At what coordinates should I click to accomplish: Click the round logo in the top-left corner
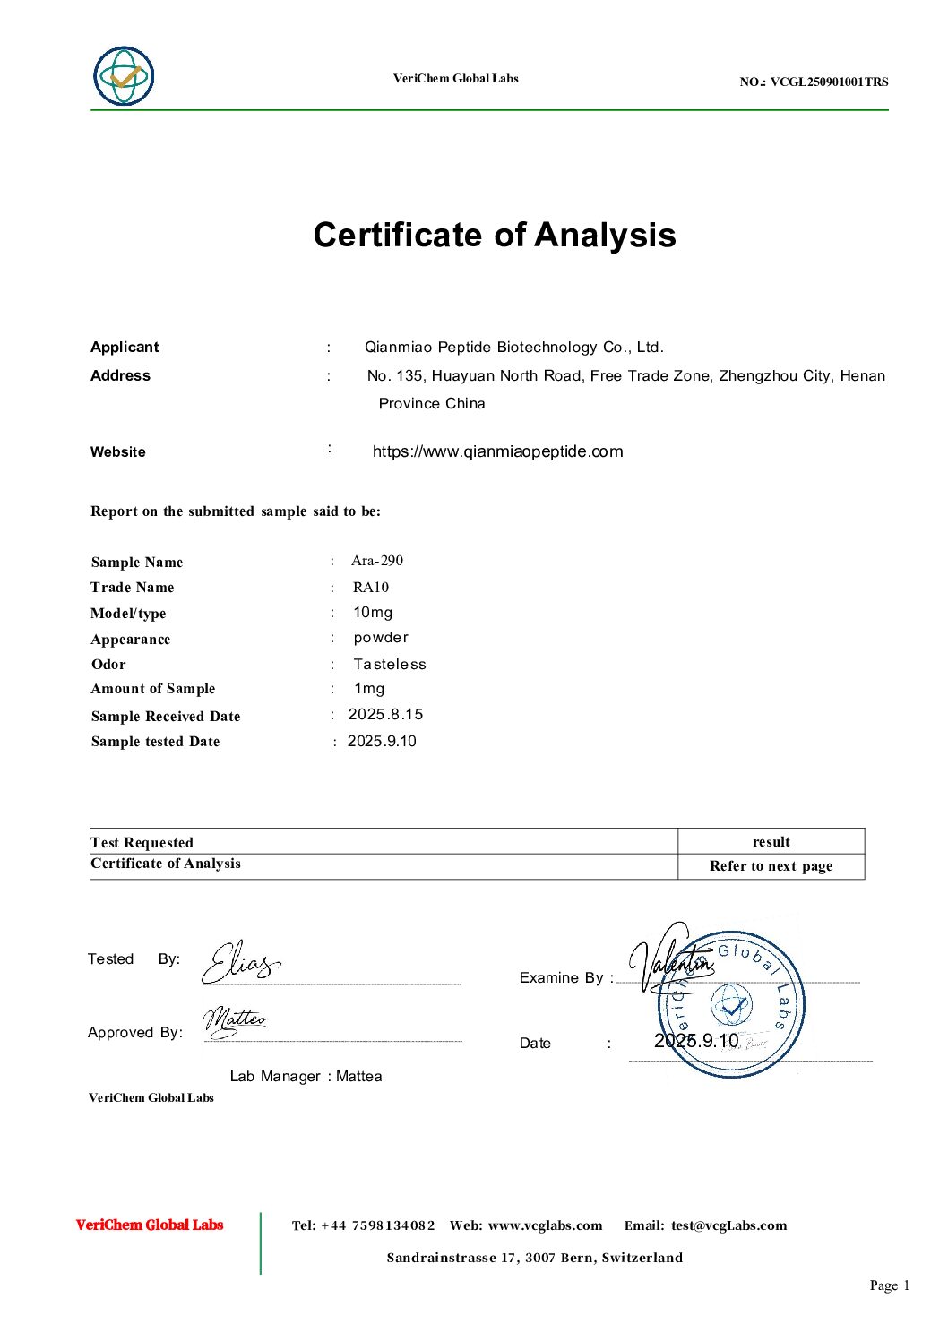pyautogui.click(x=124, y=76)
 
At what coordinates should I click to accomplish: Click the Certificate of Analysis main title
pyautogui.click(x=495, y=235)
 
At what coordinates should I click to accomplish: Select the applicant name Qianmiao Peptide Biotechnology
pyautogui.click(x=513, y=348)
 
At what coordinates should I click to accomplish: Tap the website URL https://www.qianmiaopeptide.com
pyautogui.click(x=497, y=451)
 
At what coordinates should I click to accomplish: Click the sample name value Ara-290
pyautogui.click(x=377, y=561)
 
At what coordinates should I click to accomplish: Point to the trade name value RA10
pyautogui.click(x=371, y=588)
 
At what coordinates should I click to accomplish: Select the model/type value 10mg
pyautogui.click(x=373, y=613)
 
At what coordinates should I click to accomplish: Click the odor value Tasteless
pyautogui.click(x=390, y=665)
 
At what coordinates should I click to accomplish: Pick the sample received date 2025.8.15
pyautogui.click(x=385, y=715)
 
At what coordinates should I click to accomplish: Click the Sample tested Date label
pyautogui.click(x=155, y=742)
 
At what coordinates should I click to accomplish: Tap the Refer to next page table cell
pyautogui.click(x=771, y=866)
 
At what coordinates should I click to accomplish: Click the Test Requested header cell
pyautogui.click(x=142, y=842)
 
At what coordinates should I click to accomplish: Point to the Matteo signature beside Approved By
pyautogui.click(x=235, y=1021)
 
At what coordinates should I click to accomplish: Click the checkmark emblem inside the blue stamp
pyautogui.click(x=732, y=1005)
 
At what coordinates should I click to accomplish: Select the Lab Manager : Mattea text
pyautogui.click(x=306, y=1077)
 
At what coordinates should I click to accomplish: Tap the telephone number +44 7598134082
pyautogui.click(x=377, y=1225)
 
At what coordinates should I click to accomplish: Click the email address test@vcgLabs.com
pyautogui.click(x=728, y=1225)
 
